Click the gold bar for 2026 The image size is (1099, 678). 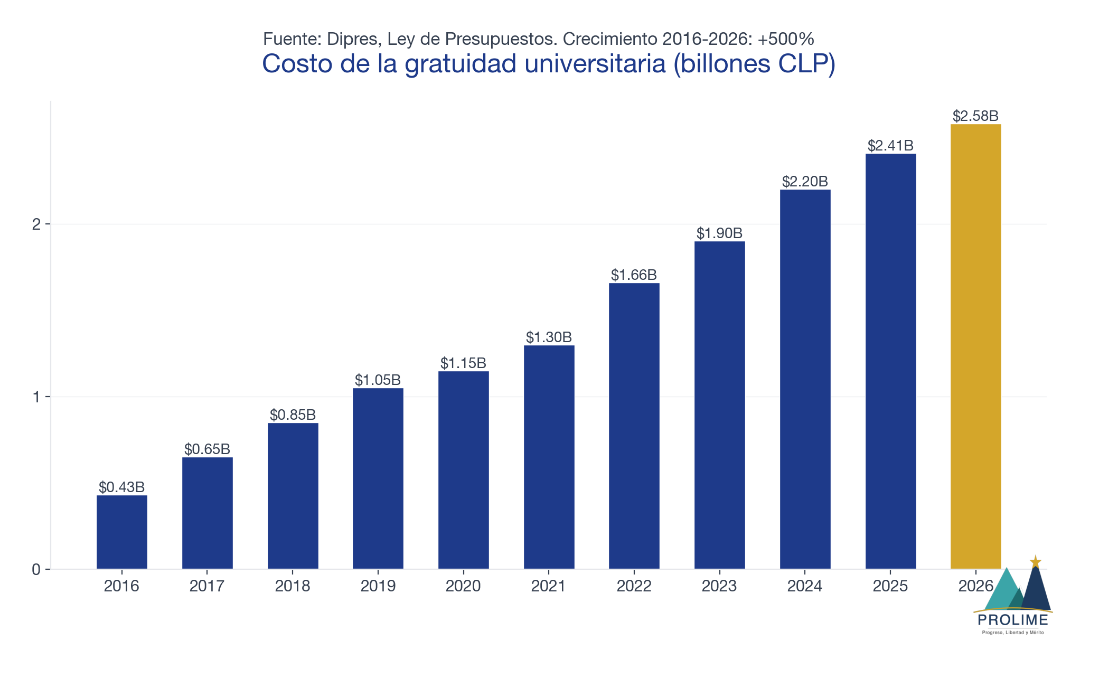[975, 346]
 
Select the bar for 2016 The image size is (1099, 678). [122, 532]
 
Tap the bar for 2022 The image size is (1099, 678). [634, 426]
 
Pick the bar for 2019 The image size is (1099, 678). [378, 478]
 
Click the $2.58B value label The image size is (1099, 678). [975, 116]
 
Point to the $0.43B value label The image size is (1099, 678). [122, 487]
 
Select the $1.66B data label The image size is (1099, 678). [634, 275]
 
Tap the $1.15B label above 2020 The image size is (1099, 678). [463, 363]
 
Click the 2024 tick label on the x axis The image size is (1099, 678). [805, 586]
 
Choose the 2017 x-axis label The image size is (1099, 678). [207, 586]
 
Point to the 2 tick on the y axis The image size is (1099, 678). [36, 224]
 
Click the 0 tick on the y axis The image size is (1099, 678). [36, 569]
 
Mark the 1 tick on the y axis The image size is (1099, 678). [36, 397]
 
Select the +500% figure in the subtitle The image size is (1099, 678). [786, 39]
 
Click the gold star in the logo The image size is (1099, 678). [1036, 562]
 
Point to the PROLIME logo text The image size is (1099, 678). [1013, 620]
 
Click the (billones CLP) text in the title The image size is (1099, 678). [755, 64]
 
